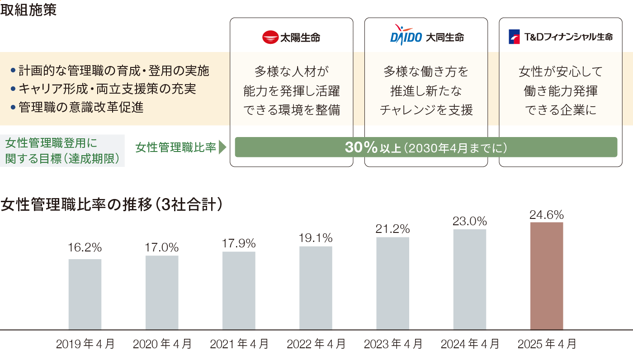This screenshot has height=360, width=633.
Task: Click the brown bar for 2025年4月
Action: pos(546,276)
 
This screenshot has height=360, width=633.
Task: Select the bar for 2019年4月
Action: pos(85,294)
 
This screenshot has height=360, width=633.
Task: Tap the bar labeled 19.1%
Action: pos(316,288)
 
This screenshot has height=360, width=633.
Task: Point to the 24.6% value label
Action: pos(547,214)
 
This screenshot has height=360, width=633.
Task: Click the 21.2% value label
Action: pos(392,229)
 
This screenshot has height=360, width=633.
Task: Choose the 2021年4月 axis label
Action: pos(239,344)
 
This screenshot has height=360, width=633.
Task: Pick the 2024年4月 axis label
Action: pos(470,344)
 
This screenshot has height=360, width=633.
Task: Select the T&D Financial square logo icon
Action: pos(514,37)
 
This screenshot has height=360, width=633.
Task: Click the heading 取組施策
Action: pos(28,10)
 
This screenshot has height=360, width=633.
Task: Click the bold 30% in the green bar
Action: pos(361,147)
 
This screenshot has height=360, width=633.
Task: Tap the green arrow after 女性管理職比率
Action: pos(222,147)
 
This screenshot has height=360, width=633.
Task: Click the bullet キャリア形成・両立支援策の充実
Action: pos(107,89)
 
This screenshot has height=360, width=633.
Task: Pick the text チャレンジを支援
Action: pos(426,110)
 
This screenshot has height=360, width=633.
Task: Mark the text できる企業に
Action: pos(561,110)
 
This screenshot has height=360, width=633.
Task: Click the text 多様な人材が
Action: pos(291,71)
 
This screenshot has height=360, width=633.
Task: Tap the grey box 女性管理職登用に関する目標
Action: pos(62,151)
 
